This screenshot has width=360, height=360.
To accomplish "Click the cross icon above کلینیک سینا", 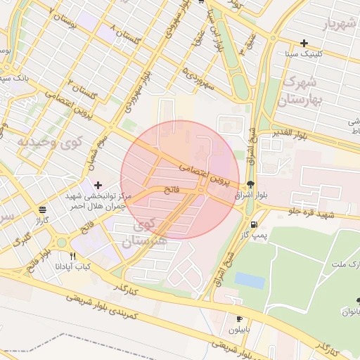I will point(304,43).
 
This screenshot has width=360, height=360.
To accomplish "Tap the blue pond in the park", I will point(250,280).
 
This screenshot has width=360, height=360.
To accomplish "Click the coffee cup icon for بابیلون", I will point(239,319).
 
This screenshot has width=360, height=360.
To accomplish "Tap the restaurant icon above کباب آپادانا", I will point(72,256).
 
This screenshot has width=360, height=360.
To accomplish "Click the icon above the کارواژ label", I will point(43,210).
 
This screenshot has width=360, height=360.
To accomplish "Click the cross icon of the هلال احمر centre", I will point(97,184).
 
